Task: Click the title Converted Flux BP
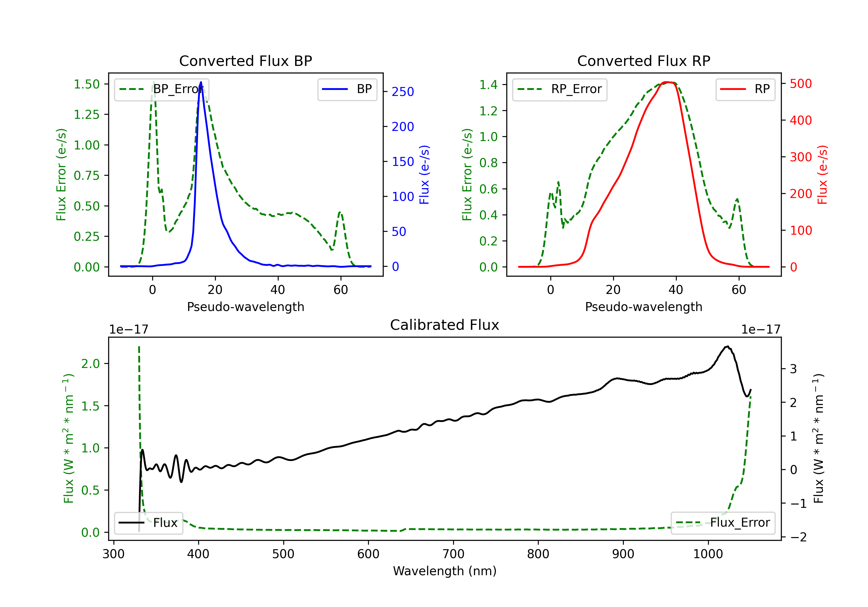pyautogui.click(x=245, y=61)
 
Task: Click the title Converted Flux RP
pyautogui.click(x=643, y=61)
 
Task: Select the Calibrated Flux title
pyautogui.click(x=445, y=325)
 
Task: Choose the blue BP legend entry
pyautogui.click(x=347, y=89)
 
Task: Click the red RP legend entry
pyautogui.click(x=745, y=89)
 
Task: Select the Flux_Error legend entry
pyautogui.click(x=723, y=523)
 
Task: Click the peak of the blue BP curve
pyautogui.click(x=201, y=82)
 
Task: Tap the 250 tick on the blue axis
pyautogui.click(x=403, y=92)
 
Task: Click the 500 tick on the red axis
pyautogui.click(x=801, y=84)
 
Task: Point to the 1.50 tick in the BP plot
pyautogui.click(x=87, y=84)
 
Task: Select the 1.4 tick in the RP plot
pyautogui.click(x=488, y=85)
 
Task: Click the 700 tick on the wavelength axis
pyautogui.click(x=453, y=554)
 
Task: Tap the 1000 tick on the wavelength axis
pyautogui.click(x=708, y=554)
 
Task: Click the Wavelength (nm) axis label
pyautogui.click(x=445, y=571)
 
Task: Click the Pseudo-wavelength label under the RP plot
pyautogui.click(x=643, y=307)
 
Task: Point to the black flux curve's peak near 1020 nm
pyautogui.click(x=727, y=346)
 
